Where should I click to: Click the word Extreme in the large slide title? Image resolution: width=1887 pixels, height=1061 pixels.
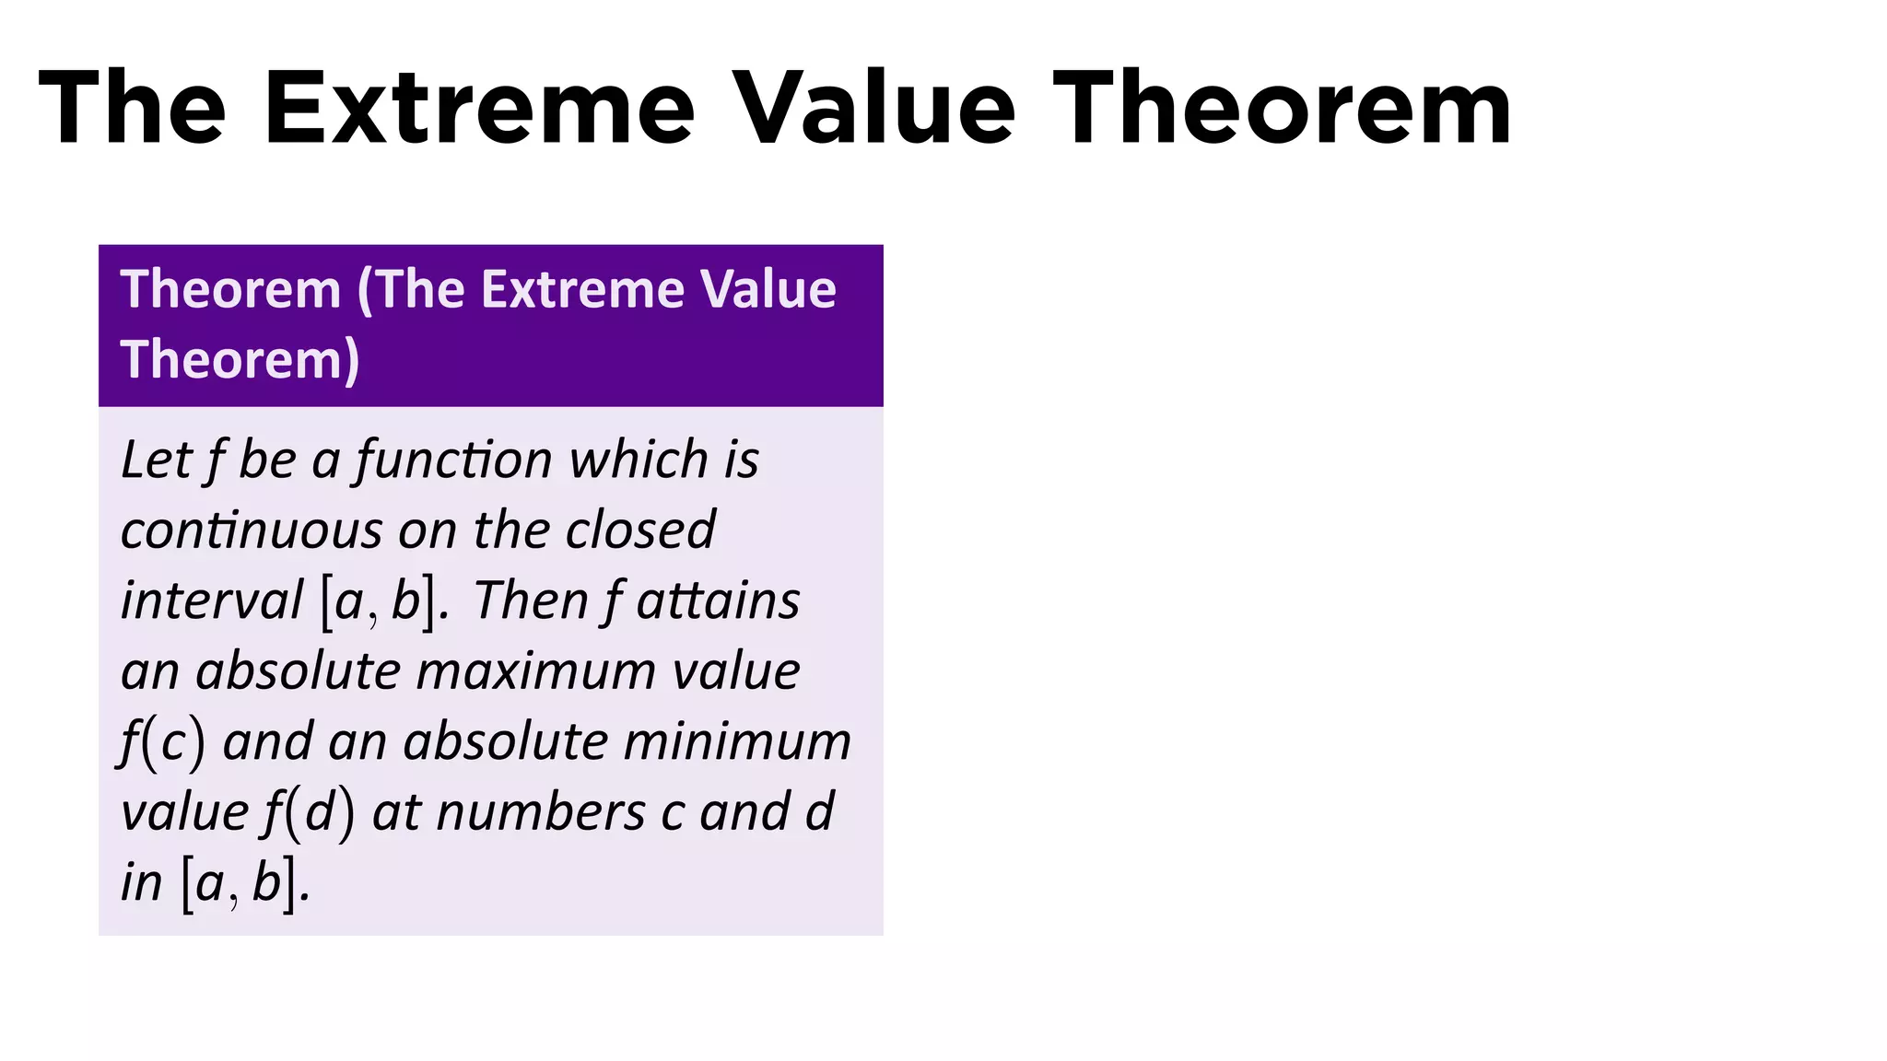pos(478,109)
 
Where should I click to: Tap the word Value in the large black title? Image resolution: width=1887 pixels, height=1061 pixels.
pos(874,109)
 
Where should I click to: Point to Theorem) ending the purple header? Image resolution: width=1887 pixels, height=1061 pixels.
pos(240,359)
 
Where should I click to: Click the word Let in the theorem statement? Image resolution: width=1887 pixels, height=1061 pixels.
pos(156,460)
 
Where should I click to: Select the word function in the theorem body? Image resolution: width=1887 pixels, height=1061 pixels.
pos(454,460)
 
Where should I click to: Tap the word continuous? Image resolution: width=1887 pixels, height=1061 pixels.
pos(251,530)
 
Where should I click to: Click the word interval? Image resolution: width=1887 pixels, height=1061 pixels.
pos(212,600)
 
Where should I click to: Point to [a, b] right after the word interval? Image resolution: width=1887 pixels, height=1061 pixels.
pos(377,602)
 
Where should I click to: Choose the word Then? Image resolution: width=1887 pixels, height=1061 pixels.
pos(531,600)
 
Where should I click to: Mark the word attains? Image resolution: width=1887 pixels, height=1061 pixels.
pos(718,600)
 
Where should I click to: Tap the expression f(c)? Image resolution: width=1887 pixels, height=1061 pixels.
pos(162,742)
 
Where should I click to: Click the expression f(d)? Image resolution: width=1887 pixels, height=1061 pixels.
pos(309,813)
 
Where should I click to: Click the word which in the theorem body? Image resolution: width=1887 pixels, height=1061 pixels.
pos(639,460)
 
